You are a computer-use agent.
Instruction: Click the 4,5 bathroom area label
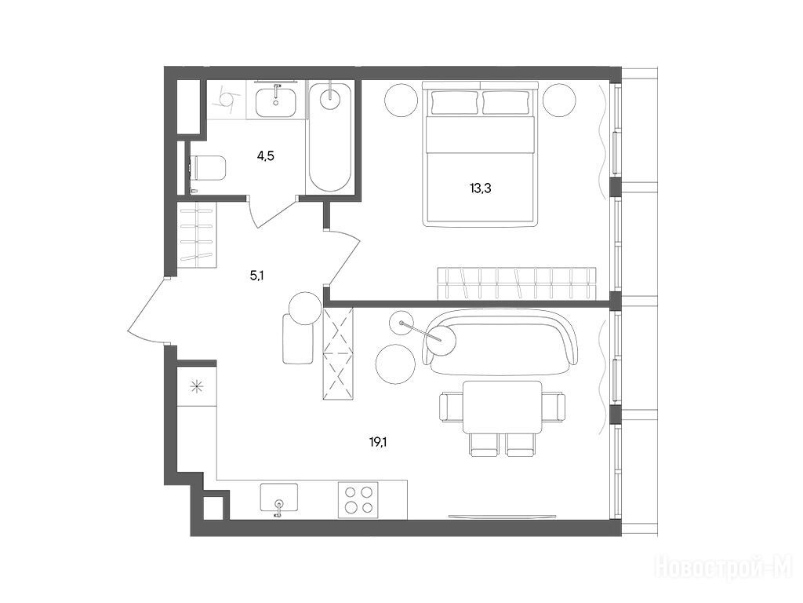coord(265,156)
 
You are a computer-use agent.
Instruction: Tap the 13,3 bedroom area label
coord(481,188)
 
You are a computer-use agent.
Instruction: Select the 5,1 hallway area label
coord(256,276)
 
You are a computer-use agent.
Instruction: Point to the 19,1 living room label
coord(378,442)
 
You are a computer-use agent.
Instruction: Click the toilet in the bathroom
coord(208,168)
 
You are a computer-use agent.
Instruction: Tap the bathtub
coord(330,137)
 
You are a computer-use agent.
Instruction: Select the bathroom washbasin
coord(276,101)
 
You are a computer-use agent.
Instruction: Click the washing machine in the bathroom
coord(227,100)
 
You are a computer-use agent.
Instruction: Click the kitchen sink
coord(278,497)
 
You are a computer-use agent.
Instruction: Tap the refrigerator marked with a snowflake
coord(197,386)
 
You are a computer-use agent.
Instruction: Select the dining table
coord(502,407)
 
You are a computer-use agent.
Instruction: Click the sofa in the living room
coord(500,342)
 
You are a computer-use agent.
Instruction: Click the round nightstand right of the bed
coord(560,98)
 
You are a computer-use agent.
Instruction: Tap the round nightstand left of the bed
coord(401,98)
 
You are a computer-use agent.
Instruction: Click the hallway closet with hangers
coord(197,234)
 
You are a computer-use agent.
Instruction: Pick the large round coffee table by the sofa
coord(394,363)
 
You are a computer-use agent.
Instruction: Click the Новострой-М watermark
coord(724,568)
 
